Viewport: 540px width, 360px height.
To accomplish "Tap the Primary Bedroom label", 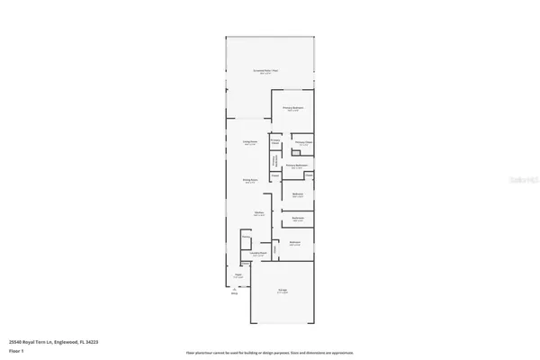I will click(x=294, y=108).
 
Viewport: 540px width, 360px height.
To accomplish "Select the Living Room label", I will click(x=250, y=141).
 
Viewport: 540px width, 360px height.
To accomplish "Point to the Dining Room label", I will click(x=249, y=180).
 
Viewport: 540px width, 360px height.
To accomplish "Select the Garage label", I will click(x=282, y=290).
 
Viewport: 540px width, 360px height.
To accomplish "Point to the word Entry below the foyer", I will click(x=235, y=293).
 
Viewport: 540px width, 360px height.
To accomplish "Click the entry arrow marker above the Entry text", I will click(x=235, y=288).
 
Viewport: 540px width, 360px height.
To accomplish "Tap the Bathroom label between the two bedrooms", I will click(x=298, y=218).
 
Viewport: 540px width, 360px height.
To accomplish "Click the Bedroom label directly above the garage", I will click(x=294, y=242).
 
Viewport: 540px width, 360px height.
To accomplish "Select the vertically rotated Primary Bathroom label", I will click(x=274, y=160).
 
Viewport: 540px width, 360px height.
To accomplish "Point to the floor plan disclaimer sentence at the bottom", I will click(x=269, y=353).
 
